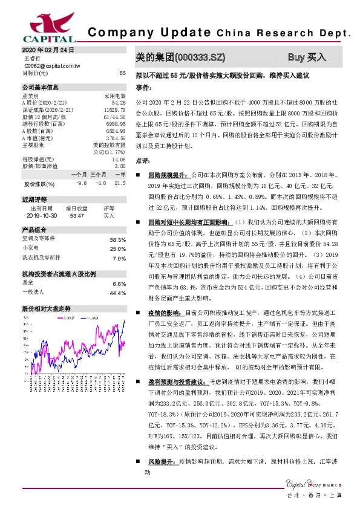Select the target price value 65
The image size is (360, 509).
pyautogui.click(x=122, y=73)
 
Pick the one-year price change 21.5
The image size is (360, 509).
pyautogui.click(x=119, y=183)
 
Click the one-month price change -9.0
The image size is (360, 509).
pyautogui.click(x=82, y=183)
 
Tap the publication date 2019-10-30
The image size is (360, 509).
pyautogui.click(x=41, y=215)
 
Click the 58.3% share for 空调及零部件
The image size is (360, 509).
pyautogui.click(x=117, y=239)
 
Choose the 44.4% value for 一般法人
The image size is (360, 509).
pyautogui.click(x=117, y=293)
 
